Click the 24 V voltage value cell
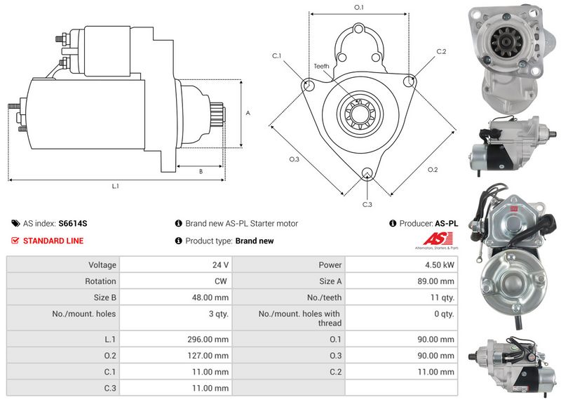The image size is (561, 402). tap(220, 265)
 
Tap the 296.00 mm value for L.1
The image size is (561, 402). tap(208, 340)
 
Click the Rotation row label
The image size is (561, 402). tap(100, 281)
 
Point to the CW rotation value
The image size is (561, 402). tap(221, 281)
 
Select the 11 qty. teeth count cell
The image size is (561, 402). tap(442, 297)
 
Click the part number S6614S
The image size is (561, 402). tap(73, 224)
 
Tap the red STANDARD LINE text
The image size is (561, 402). tap(53, 241)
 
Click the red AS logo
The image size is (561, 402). tap(437, 239)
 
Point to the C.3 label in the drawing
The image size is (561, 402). tap(367, 204)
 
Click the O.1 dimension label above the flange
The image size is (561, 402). tap(359, 7)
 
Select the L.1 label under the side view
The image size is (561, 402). tap(115, 186)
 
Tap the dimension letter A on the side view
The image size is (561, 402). tap(248, 113)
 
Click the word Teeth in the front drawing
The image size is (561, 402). tap(321, 66)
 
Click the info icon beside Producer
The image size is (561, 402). tap(393, 223)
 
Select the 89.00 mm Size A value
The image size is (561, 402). tap(435, 281)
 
